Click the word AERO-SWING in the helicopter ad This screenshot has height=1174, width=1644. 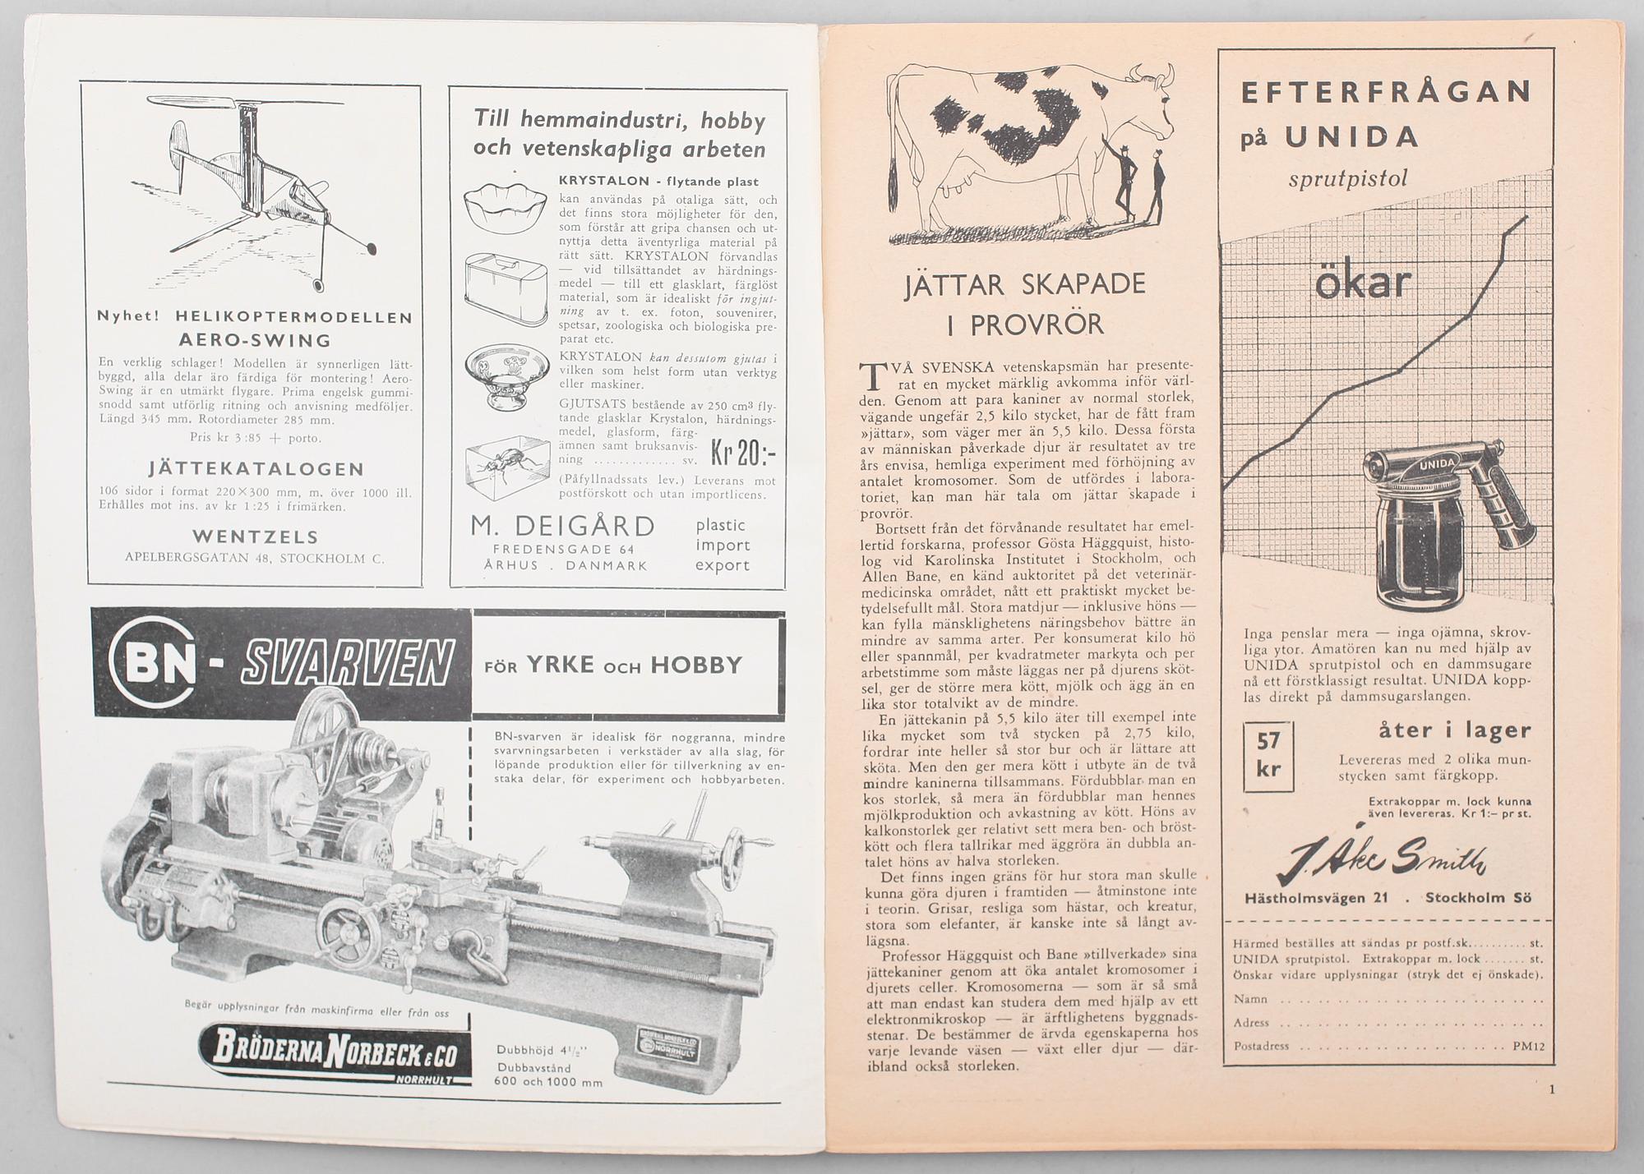click(x=255, y=340)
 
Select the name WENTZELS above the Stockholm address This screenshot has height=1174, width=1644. click(x=255, y=536)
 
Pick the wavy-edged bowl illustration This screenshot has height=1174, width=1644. click(x=506, y=206)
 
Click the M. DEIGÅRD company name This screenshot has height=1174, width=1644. click(x=562, y=526)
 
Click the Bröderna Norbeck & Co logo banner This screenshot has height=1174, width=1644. click(x=332, y=1054)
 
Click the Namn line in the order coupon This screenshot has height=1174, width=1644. click(x=1249, y=999)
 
